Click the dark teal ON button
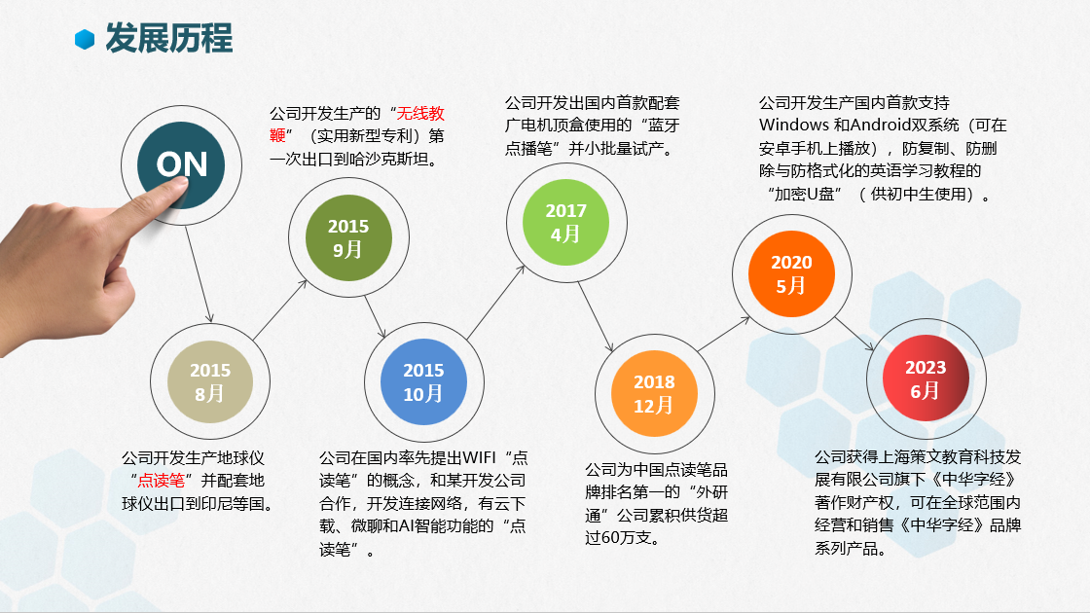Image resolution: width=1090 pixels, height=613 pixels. (181, 164)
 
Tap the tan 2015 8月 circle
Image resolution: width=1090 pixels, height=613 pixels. (210, 381)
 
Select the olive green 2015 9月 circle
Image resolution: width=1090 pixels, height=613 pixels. (348, 237)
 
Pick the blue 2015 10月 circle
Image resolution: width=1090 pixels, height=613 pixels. (423, 381)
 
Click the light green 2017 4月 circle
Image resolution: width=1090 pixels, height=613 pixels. (565, 223)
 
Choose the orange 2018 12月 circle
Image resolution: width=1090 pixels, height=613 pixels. (654, 393)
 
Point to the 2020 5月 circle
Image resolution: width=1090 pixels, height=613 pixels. (791, 273)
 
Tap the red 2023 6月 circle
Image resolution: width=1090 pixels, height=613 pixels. (926, 379)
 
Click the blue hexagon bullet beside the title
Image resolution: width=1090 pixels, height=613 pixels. (85, 40)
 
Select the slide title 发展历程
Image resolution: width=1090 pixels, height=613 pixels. (169, 38)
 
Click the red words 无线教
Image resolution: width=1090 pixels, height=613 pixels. (419, 113)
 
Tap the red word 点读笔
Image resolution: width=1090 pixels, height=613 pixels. (161, 481)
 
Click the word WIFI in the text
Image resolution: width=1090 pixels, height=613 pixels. (479, 458)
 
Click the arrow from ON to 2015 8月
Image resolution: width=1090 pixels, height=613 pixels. (199, 274)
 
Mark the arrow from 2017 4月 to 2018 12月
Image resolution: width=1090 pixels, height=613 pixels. (595, 317)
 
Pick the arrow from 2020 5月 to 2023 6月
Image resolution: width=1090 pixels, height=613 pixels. (854, 335)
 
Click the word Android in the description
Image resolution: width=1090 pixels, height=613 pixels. (882, 126)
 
